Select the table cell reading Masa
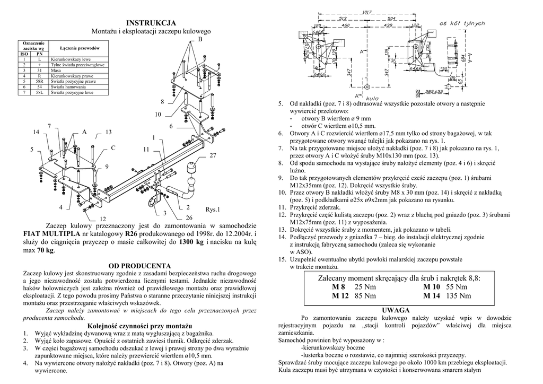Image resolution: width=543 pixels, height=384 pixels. click(x=56, y=70)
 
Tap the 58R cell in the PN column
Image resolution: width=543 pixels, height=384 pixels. click(x=39, y=81)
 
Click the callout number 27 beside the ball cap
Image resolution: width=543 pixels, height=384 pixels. click(x=213, y=155)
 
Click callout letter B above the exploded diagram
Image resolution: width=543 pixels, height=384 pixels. click(x=200, y=40)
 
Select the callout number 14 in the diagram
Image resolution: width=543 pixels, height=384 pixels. click(x=36, y=132)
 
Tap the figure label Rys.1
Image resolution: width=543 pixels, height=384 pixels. click(x=213, y=210)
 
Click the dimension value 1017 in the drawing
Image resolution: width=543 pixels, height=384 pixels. click(x=365, y=12)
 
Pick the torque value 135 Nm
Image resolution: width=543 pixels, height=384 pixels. click(x=458, y=296)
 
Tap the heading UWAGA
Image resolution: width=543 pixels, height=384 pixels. click(x=396, y=309)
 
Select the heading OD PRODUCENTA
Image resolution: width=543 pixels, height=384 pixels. click(x=139, y=265)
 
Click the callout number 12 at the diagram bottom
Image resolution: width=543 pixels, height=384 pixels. click(x=103, y=219)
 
